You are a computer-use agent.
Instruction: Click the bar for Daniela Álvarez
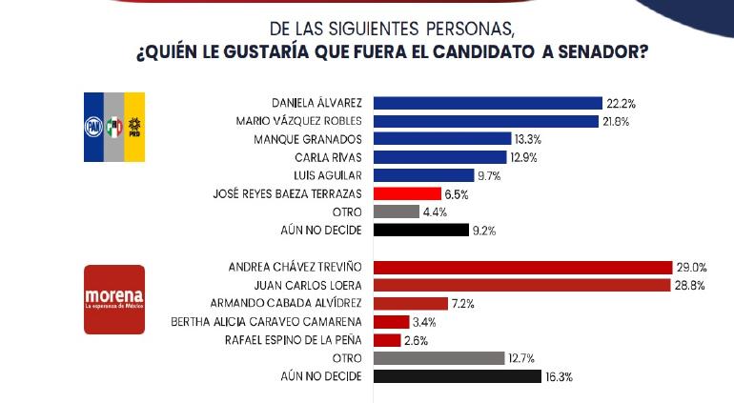pos(487,103)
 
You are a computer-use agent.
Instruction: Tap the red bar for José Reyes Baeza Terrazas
pos(406,193)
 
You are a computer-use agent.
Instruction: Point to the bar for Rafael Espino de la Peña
pos(387,340)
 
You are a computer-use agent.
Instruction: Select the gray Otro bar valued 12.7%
pos(438,358)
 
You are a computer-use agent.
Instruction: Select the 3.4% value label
pos(425,322)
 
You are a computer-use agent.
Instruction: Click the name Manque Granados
pos(311,139)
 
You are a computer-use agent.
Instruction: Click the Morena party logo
pos(114,299)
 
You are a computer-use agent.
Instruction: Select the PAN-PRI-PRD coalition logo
pos(114,126)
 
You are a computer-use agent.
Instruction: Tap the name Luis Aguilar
pos(330,175)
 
